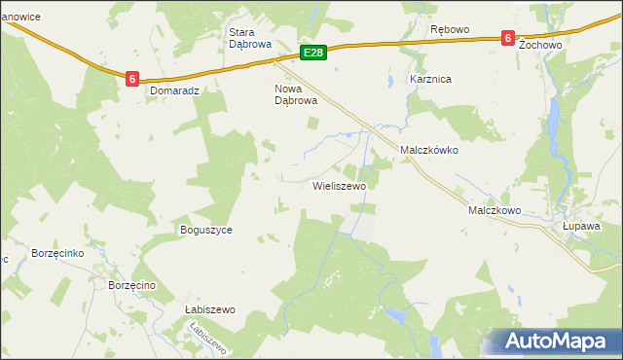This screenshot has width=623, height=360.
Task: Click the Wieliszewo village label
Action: pyautogui.click(x=338, y=185)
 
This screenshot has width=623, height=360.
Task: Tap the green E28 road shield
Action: pyautogui.click(x=312, y=52)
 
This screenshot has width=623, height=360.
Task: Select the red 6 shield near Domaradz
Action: pyautogui.click(x=130, y=78)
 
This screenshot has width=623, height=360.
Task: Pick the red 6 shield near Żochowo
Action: pyautogui.click(x=507, y=38)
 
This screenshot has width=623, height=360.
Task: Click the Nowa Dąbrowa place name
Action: pyautogui.click(x=296, y=93)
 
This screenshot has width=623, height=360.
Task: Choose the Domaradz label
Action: pyautogui.click(x=175, y=90)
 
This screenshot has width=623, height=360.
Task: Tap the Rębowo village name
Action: pyautogui.click(x=450, y=29)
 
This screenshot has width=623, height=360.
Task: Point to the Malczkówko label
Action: pyautogui.click(x=429, y=151)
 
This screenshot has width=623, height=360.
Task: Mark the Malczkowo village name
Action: pyautogui.click(x=495, y=209)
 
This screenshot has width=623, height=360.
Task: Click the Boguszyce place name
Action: pyautogui.click(x=205, y=230)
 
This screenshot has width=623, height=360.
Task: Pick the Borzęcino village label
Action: pyautogui.click(x=133, y=285)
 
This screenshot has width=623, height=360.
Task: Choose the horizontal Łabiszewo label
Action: pyautogui.click(x=210, y=309)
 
